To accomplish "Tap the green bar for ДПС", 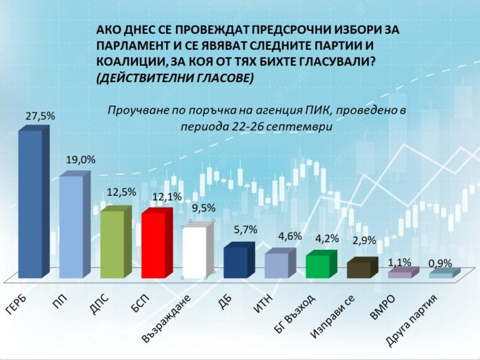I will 111,243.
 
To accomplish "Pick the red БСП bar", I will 152,245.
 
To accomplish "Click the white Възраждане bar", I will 193,252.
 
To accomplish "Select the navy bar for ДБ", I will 235,261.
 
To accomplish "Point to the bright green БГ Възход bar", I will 317,266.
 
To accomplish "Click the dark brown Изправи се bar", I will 358,269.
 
